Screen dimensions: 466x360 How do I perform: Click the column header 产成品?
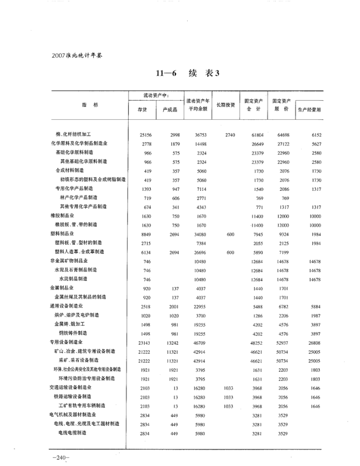point(170,110)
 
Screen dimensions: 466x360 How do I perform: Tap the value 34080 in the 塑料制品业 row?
point(200,234)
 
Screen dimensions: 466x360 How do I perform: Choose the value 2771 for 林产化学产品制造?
point(201,198)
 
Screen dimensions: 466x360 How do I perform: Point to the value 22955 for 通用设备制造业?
point(200,306)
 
